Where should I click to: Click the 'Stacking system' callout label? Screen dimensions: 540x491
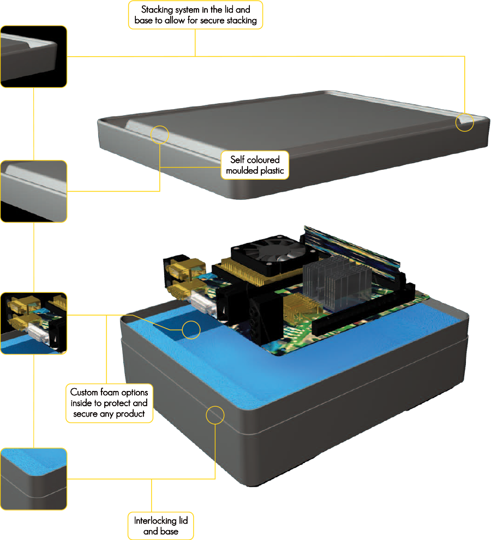[x=195, y=15]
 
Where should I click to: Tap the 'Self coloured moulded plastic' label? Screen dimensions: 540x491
[x=255, y=165]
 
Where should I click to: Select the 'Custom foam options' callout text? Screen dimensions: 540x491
[x=109, y=403]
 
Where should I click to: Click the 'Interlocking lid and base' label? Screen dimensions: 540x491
[x=160, y=525]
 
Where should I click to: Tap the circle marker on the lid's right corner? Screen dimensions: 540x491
[x=465, y=122]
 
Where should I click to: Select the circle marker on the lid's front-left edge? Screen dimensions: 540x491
[x=159, y=134]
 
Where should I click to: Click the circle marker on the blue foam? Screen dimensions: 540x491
[x=191, y=330]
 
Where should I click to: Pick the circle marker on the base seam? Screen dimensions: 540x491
[x=215, y=415]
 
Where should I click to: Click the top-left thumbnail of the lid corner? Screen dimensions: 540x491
[x=34, y=56]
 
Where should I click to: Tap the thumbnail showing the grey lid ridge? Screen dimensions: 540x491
[x=34, y=191]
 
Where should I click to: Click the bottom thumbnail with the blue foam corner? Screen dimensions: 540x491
[x=34, y=479]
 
